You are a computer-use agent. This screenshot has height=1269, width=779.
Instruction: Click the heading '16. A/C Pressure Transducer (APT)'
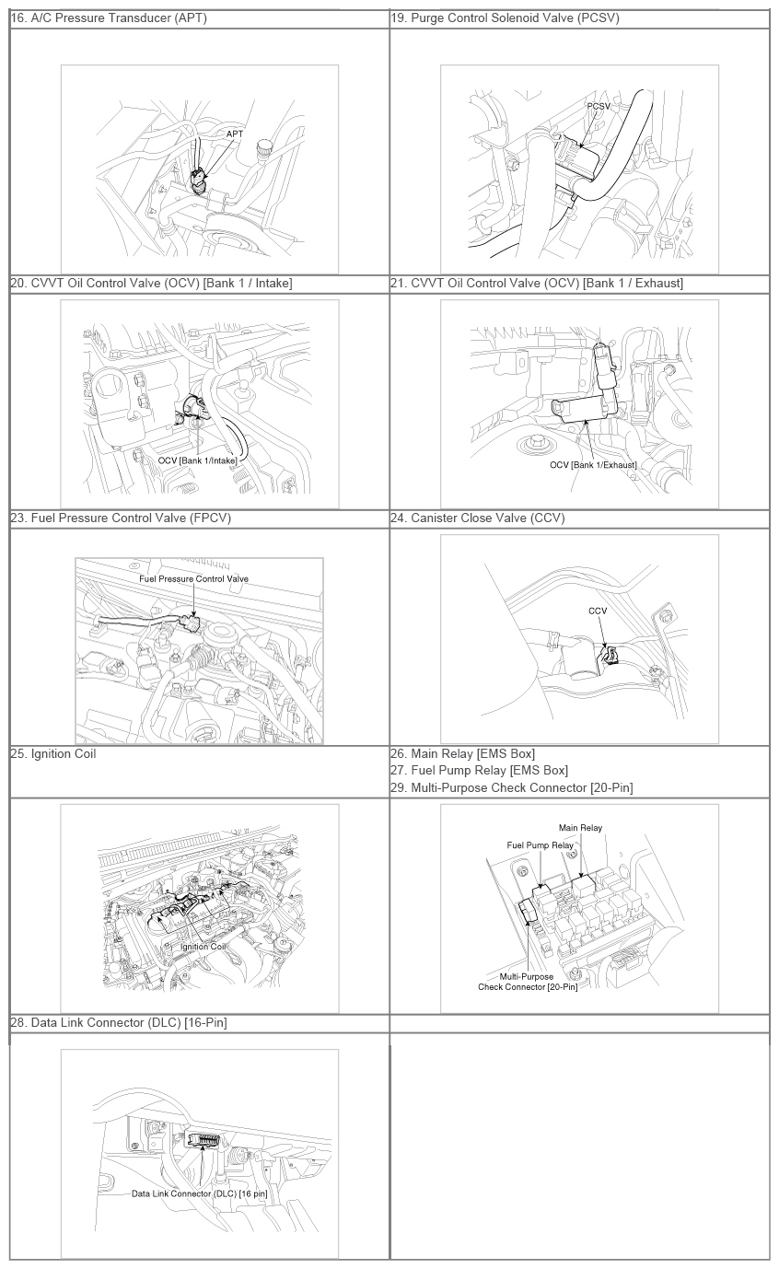109,18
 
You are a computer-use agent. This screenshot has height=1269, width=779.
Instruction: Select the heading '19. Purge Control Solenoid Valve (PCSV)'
505,18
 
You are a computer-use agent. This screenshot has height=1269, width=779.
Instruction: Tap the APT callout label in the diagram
235,134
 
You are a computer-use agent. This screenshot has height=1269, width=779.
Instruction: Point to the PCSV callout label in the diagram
599,107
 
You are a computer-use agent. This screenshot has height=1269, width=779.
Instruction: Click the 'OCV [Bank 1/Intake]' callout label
198,460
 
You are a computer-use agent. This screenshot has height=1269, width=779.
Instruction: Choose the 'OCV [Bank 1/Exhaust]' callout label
593,465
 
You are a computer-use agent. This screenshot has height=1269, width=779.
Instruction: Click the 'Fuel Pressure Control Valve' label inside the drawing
193,579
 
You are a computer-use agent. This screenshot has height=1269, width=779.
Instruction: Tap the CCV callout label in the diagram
598,611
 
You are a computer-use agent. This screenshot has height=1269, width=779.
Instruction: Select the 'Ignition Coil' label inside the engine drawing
203,947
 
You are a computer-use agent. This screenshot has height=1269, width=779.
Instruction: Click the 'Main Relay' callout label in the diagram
581,828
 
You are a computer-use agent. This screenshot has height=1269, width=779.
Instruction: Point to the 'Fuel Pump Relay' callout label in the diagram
540,845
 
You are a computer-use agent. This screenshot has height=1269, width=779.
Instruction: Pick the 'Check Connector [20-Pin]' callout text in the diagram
528,987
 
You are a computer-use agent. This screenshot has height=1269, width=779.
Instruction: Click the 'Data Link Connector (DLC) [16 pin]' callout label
200,1193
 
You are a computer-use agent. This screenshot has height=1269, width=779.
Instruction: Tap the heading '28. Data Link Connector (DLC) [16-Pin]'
119,1022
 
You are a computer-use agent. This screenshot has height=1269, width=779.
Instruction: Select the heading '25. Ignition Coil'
53,754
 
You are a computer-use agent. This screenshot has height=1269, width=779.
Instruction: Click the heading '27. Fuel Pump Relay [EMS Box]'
480,771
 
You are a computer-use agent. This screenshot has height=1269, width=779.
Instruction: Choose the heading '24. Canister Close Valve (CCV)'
478,518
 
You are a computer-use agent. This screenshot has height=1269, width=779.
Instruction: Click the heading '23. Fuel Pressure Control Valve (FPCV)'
121,518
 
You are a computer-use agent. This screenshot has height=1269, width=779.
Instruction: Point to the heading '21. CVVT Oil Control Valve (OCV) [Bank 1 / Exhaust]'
537,284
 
